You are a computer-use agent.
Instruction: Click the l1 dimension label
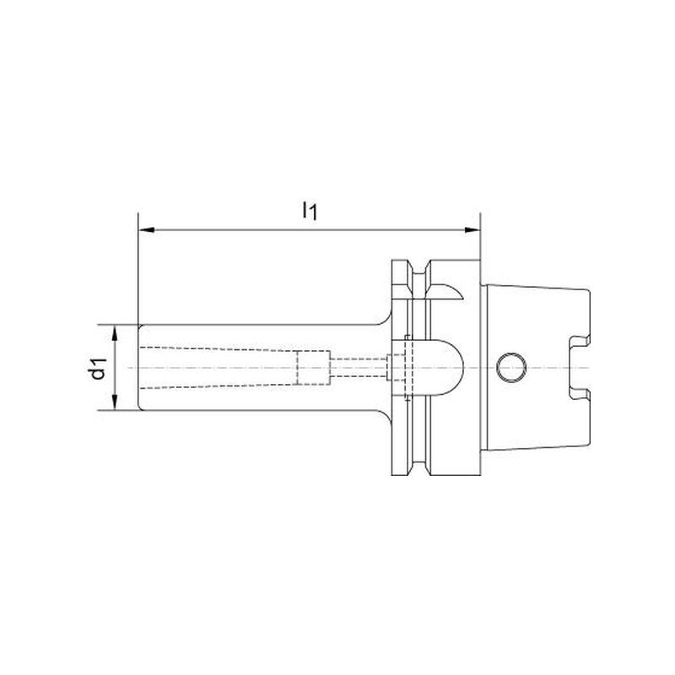tap(310, 210)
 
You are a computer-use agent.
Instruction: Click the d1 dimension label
tap(98, 367)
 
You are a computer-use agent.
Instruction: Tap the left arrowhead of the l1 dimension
tap(146, 230)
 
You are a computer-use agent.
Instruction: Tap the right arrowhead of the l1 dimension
tap(472, 230)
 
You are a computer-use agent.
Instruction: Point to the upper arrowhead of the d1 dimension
tap(115, 332)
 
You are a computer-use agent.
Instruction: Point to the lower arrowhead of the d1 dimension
tap(115, 402)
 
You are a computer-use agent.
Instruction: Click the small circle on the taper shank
tap(511, 368)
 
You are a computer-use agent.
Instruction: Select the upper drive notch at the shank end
tap(579, 344)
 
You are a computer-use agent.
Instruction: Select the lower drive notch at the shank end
tap(579, 391)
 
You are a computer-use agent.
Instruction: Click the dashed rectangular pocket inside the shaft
tap(313, 368)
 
